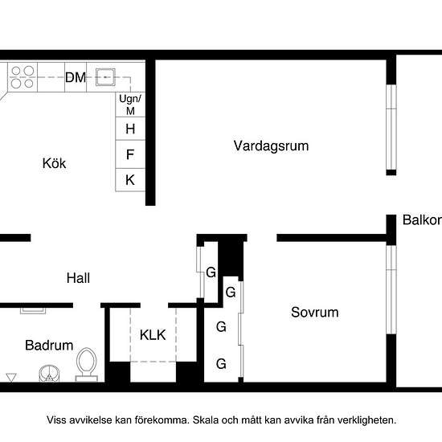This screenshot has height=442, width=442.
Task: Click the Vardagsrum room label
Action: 271,146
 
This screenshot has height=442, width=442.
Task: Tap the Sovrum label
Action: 315,313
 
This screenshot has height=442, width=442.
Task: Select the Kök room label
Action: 54,163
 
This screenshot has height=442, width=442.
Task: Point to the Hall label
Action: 79,278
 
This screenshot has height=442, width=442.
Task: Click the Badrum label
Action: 49,346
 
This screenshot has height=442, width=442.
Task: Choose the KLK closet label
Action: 153,335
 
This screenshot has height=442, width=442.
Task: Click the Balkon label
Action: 422,220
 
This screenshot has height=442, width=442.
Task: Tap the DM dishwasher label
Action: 76,77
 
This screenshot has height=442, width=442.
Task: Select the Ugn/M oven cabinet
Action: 130,104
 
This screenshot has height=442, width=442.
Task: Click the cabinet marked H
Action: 130,129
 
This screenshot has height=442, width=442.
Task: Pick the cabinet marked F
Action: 130,154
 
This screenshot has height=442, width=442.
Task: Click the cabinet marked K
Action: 130,180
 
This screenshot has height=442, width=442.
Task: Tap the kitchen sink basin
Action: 105,77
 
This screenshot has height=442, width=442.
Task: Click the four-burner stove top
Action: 23,77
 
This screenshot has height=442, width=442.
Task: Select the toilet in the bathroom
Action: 87,365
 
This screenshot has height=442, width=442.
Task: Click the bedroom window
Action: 391,290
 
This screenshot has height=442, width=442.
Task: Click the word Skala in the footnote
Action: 206,420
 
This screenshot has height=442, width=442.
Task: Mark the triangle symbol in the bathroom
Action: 11,378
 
